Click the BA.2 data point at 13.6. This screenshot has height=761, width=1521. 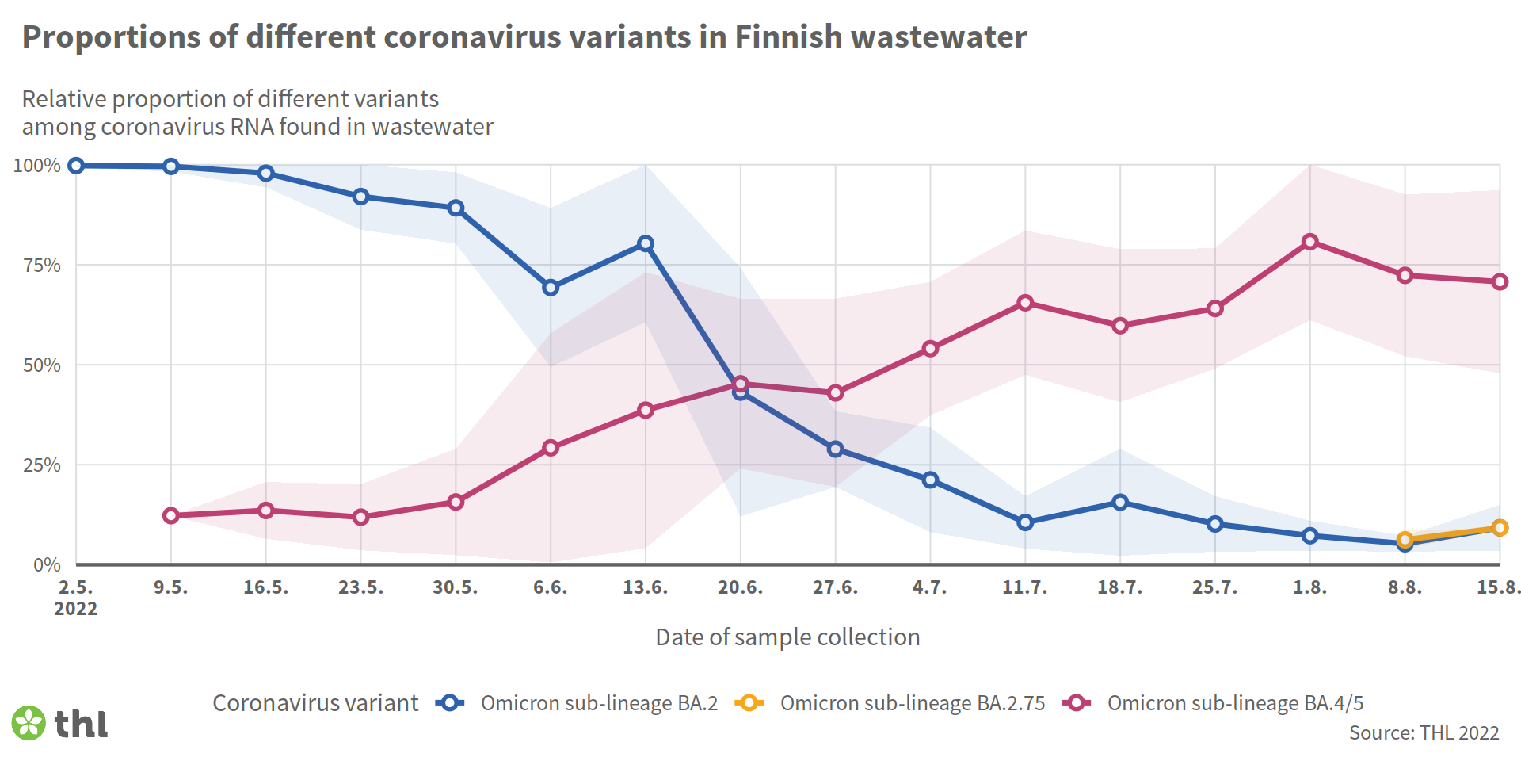tap(646, 243)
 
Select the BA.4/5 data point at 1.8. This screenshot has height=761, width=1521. tap(1310, 242)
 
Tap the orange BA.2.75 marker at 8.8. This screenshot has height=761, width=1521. tap(1405, 540)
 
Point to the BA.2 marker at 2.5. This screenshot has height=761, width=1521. tap(76, 166)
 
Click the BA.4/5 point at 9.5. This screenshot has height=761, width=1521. tap(171, 516)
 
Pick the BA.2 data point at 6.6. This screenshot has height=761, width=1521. tap(551, 288)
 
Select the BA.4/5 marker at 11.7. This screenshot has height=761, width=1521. tap(1025, 303)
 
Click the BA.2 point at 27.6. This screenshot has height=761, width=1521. tap(835, 449)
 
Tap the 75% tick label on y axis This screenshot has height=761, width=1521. tap(42, 266)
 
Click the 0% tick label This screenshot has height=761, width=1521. tap(47, 565)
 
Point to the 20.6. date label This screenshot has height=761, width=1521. tap(740, 588)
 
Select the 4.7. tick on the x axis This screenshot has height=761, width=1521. tap(930, 588)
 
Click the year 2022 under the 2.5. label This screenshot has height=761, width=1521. tap(76, 609)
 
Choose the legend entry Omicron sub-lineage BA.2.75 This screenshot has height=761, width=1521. tap(912, 703)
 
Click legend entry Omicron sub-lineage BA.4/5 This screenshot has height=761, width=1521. tap(1235, 703)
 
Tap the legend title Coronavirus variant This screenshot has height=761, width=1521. tap(315, 703)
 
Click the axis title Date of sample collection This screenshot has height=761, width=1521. tap(787, 637)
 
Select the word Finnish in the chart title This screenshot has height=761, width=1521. tap(788, 37)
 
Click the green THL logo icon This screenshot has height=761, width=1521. tap(29, 723)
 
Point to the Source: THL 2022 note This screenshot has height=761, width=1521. tap(1424, 733)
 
